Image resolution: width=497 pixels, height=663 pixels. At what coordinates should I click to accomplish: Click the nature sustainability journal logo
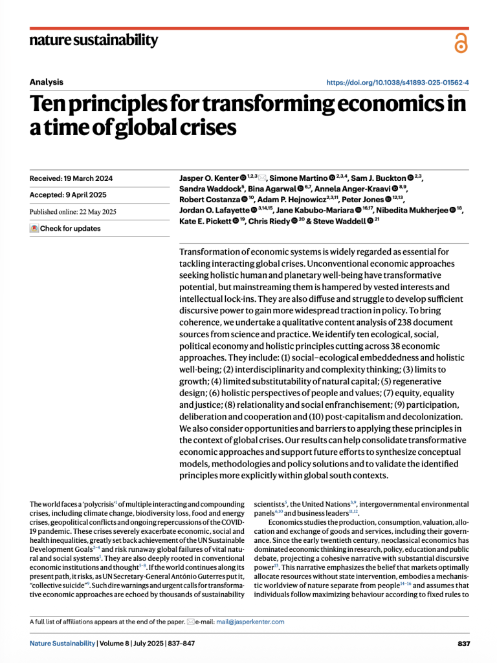point(93,41)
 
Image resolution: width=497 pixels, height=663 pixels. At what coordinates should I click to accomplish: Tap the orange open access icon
point(460,43)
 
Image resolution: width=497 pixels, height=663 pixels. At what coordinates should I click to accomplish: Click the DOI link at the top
point(398,82)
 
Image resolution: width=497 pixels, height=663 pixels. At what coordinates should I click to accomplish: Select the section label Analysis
point(47,82)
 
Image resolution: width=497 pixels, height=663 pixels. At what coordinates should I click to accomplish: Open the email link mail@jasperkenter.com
point(250,622)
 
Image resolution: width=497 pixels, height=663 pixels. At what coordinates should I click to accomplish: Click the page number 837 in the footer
point(463,644)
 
